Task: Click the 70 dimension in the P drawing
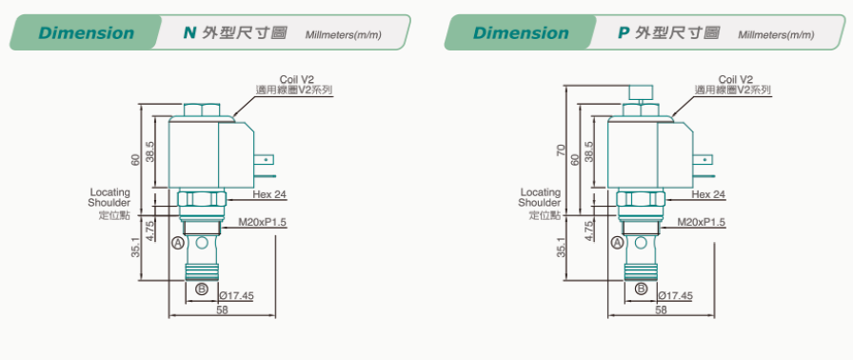point(562,150)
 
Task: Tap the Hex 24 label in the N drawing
point(269,194)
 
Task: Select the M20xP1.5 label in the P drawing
point(702,222)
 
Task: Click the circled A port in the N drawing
point(178,243)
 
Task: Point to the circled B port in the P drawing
point(642,289)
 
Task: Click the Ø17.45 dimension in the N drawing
point(237,296)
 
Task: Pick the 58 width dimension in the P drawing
point(661,310)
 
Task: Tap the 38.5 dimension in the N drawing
point(150,151)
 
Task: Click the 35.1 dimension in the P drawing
point(562,247)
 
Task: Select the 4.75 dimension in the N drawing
point(150,230)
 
